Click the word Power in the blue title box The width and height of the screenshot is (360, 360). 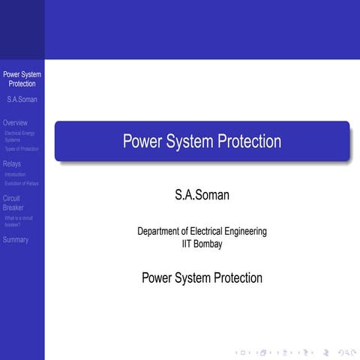click(x=142, y=141)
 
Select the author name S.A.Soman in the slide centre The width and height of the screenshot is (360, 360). click(x=202, y=196)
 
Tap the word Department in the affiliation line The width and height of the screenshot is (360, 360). click(x=160, y=232)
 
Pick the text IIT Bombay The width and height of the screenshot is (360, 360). click(x=202, y=244)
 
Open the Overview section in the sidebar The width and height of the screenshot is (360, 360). click(x=15, y=122)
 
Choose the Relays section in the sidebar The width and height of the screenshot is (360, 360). click(x=12, y=163)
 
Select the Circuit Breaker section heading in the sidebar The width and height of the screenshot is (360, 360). click(x=13, y=202)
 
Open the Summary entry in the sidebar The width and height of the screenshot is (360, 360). click(x=16, y=240)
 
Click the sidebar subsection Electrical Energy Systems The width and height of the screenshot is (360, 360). click(x=19, y=136)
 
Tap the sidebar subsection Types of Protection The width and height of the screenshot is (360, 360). click(x=22, y=148)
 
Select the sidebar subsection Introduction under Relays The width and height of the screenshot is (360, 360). click(x=15, y=175)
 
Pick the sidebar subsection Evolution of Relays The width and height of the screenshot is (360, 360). click(x=22, y=183)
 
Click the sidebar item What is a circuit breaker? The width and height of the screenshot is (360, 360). click(x=19, y=220)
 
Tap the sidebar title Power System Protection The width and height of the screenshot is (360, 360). click(x=22, y=79)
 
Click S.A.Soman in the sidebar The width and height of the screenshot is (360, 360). click(x=22, y=99)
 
